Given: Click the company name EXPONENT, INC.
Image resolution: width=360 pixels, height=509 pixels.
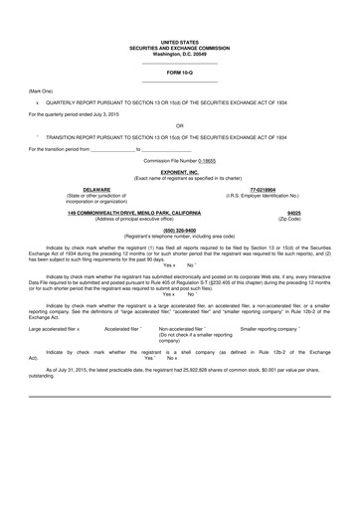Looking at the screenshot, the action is [x=179, y=171].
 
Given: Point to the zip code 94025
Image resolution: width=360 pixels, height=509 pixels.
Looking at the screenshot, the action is [x=293, y=213].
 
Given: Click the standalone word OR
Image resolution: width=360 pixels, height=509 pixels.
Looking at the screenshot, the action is [x=179, y=125].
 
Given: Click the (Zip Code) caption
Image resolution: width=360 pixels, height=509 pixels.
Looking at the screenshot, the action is [x=293, y=219].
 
